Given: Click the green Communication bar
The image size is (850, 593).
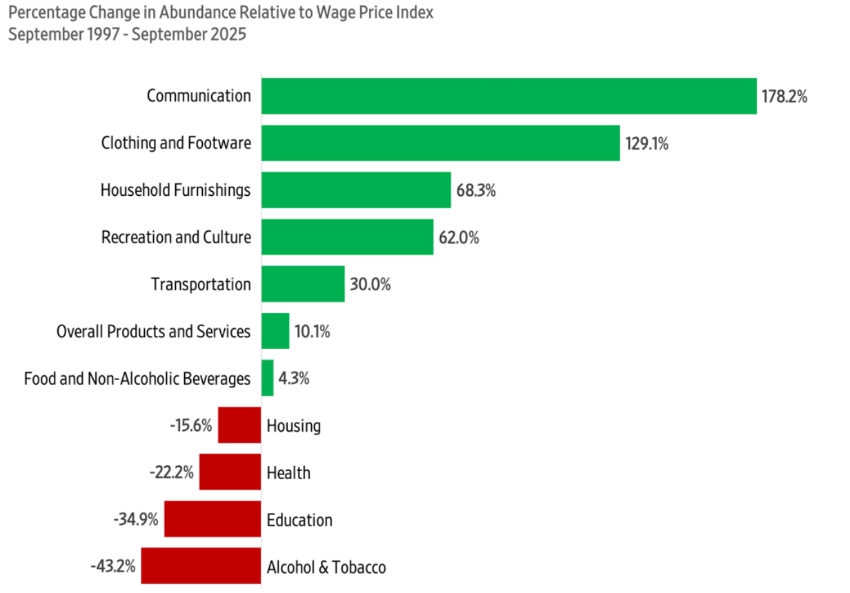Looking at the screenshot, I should click(508, 96).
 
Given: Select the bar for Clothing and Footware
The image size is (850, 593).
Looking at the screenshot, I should click(440, 143).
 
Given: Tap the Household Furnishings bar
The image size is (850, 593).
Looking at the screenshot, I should click(356, 190).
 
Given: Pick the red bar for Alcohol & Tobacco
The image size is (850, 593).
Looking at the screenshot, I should click(201, 567).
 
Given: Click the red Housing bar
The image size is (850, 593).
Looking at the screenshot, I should click(239, 425).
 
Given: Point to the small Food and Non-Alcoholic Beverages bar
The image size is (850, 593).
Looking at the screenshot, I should click(267, 378).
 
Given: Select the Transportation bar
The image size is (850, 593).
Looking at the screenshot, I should click(303, 284).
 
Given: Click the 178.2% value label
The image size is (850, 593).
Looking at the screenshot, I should click(784, 97).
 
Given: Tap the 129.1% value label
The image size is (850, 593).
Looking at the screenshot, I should click(646, 143).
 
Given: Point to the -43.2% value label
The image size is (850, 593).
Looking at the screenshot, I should click(112, 567).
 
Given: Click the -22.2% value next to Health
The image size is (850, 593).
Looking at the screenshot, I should click(171, 473).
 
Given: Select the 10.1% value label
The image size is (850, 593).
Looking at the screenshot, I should click(312, 332).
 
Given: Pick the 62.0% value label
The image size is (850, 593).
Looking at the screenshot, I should click(459, 238).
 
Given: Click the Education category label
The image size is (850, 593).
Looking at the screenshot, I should click(299, 520).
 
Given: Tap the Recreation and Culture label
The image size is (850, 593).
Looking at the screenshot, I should click(176, 238).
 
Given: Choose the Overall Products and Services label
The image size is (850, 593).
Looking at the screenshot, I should click(153, 332).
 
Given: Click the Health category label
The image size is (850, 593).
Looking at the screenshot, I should click(288, 473).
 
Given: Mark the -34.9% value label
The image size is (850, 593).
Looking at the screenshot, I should click(136, 520).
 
